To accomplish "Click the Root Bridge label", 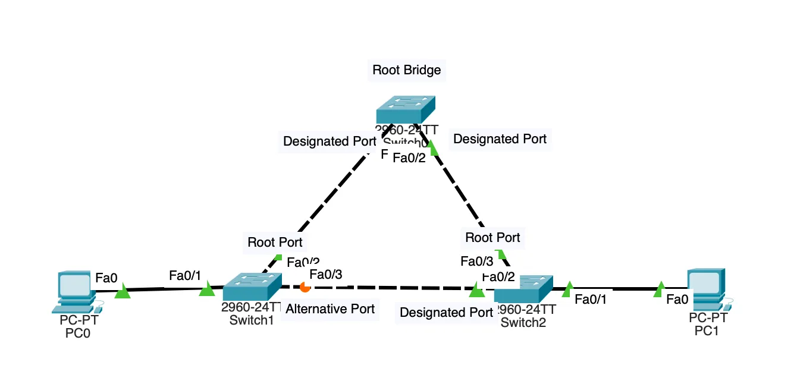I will click(x=407, y=70).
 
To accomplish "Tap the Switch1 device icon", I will click(x=252, y=287).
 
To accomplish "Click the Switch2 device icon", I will click(x=523, y=289).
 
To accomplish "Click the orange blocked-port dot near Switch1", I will click(x=305, y=287).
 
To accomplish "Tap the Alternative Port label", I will click(x=330, y=309).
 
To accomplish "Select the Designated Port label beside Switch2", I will click(x=446, y=313).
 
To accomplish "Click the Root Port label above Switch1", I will click(x=275, y=242).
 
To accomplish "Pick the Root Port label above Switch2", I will click(x=492, y=238).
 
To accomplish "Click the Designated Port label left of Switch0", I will click(x=330, y=141).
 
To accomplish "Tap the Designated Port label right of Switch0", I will click(x=500, y=139).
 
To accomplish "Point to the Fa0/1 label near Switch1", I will click(x=185, y=275).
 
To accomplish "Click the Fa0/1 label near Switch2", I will click(x=591, y=300).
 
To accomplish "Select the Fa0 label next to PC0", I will click(x=106, y=277).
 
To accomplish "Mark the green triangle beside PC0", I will click(x=123, y=291).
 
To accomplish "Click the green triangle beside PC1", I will click(x=659, y=289).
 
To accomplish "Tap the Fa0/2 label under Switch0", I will click(x=409, y=158).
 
